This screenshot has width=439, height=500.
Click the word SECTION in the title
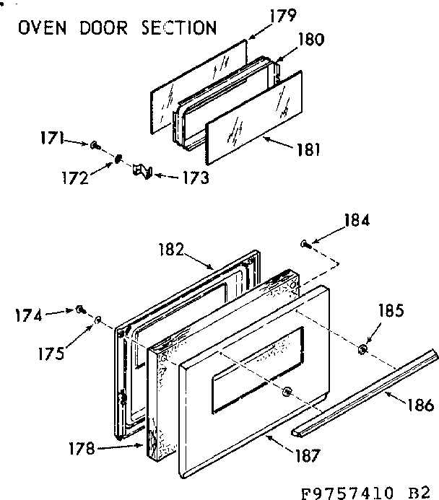[174, 28]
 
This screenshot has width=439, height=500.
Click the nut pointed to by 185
[362, 349]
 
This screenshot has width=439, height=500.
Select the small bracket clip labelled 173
[142, 170]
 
